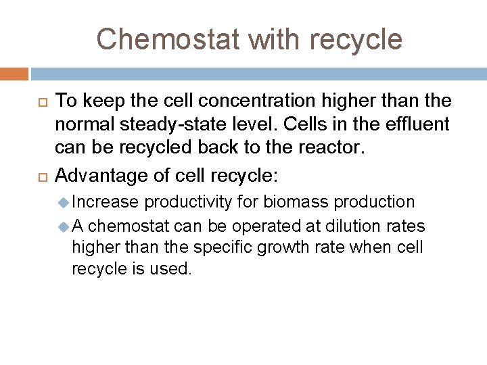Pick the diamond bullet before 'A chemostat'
(x=64, y=225)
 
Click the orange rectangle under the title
(x=14, y=73)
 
